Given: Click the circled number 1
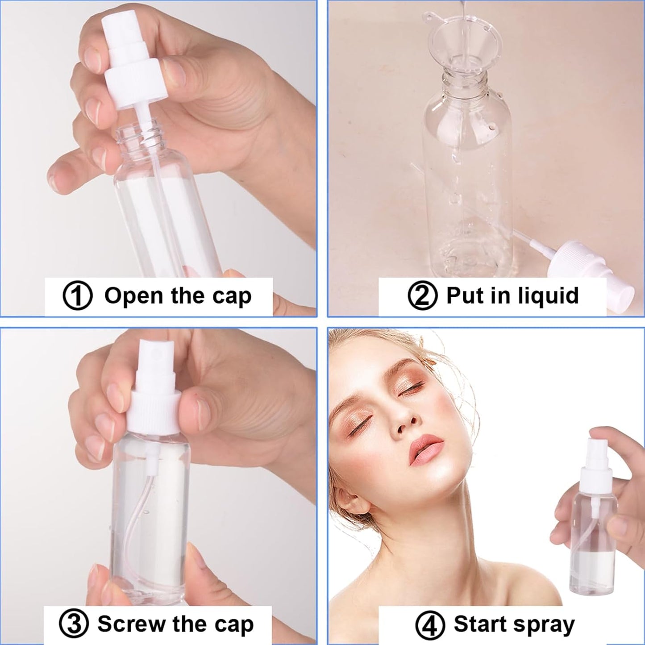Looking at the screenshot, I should (x=77, y=297).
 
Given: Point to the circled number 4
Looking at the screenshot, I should (x=429, y=625).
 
